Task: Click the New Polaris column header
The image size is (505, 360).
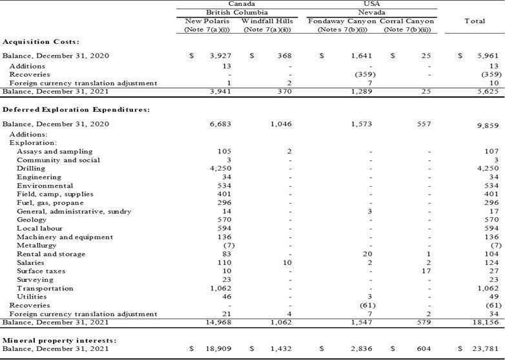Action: point(207,21)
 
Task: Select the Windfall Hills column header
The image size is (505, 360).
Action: point(267,21)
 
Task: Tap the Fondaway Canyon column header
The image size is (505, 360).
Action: point(342,21)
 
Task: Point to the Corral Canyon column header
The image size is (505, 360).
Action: point(407,21)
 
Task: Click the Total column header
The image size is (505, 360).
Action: point(475,21)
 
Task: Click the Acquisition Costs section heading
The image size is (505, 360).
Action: point(41,42)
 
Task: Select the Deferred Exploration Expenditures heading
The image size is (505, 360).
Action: point(76,110)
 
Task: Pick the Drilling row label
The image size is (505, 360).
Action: point(31,169)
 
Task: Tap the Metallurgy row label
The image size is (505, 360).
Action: point(36,246)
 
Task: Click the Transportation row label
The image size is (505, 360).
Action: point(45,288)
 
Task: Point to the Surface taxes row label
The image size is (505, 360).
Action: point(41,271)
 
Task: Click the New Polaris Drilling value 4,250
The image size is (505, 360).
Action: point(221,169)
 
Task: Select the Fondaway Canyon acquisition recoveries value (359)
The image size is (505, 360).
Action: point(366,74)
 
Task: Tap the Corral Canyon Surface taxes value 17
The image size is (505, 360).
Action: point(426,271)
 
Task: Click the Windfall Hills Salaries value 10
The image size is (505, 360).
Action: point(287,262)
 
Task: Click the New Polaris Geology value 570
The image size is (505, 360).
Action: point(224,220)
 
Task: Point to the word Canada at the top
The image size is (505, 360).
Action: point(242,4)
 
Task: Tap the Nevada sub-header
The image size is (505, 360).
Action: point(372,12)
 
